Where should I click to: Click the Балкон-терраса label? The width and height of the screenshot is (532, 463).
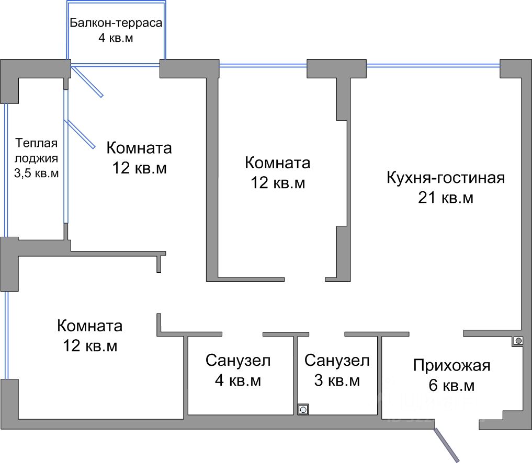(116, 24)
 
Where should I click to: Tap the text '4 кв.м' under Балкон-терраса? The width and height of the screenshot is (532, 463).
(116, 38)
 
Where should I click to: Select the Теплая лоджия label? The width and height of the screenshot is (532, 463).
(36, 150)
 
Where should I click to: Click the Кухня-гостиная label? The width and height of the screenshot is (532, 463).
(445, 178)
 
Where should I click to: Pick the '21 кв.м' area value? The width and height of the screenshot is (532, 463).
(445, 199)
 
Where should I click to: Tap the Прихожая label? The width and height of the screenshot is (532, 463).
(451, 365)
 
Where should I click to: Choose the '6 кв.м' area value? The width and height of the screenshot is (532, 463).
(451, 386)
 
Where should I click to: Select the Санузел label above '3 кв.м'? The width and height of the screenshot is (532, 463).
(337, 360)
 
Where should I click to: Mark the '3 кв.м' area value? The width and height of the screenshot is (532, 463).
(337, 381)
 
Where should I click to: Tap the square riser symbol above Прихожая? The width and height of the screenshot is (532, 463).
(518, 341)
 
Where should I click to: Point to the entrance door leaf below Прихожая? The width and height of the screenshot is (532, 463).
(447, 445)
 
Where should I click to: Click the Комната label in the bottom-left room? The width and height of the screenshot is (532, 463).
(90, 326)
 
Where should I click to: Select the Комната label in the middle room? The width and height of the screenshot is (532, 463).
(277, 163)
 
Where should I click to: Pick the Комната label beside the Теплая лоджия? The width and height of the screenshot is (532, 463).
(139, 148)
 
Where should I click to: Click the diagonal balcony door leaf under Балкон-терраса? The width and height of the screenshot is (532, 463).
(87, 81)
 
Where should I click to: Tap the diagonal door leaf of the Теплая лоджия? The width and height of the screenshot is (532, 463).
(80, 134)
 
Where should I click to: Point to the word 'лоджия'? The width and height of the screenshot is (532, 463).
(36, 158)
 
